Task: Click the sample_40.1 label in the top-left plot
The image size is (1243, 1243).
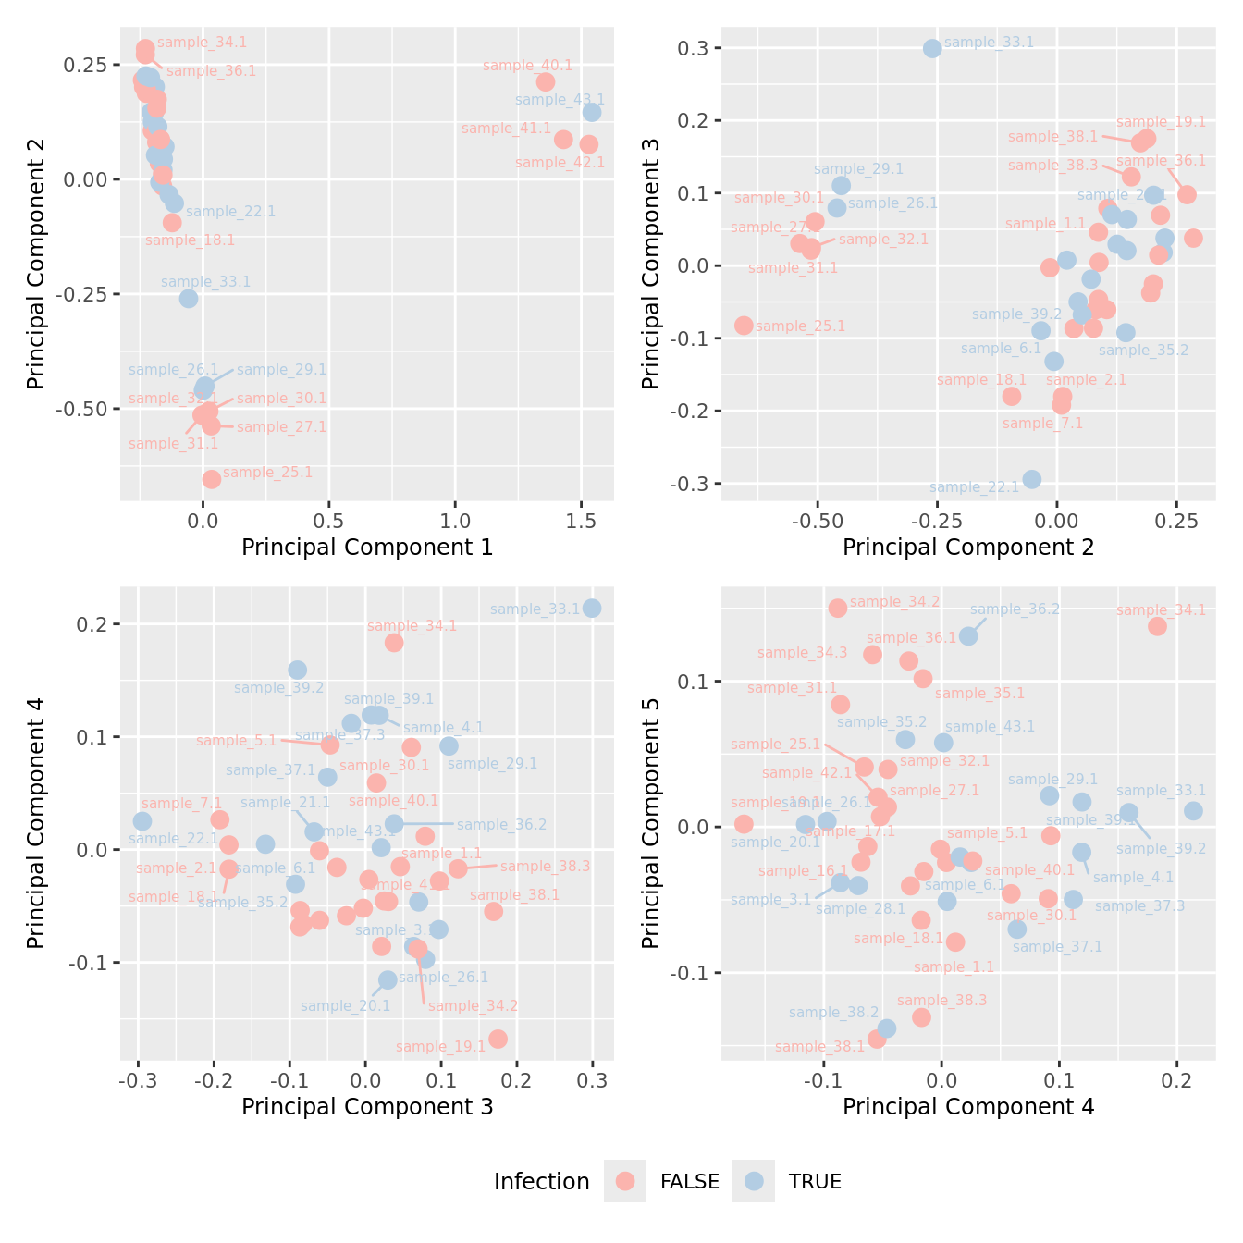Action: (527, 66)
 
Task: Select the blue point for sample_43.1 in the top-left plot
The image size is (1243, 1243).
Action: (592, 112)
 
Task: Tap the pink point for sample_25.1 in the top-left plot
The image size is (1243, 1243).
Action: (212, 479)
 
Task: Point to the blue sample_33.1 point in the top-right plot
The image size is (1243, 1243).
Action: (932, 48)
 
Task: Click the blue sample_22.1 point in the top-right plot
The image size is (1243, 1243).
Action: (1032, 479)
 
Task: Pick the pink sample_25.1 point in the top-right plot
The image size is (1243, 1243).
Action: (744, 326)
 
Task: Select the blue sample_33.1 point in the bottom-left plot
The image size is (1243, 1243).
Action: (592, 608)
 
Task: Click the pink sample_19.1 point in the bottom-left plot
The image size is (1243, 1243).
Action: (498, 1039)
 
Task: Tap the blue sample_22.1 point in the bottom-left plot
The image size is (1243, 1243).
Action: (142, 821)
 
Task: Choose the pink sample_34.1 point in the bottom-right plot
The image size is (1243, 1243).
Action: (1157, 626)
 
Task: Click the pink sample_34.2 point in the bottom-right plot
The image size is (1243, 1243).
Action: (838, 608)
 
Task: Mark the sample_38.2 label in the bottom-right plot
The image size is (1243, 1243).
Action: (833, 1013)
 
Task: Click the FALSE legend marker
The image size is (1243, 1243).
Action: (625, 1181)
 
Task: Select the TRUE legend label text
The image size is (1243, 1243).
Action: (815, 1182)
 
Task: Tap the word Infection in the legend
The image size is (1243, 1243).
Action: (541, 1182)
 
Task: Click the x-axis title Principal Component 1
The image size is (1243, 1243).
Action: (367, 548)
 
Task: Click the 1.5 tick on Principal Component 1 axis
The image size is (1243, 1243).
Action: (581, 521)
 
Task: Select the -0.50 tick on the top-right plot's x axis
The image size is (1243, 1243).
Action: (814, 521)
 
